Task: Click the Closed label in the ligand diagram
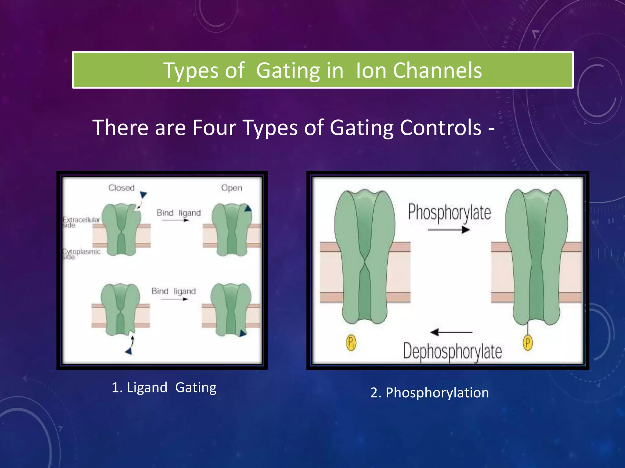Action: point(121,188)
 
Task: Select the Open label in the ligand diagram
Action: point(232,188)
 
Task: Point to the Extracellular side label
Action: point(81,222)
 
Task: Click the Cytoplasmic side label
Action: point(81,254)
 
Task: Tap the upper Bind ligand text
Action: point(179,213)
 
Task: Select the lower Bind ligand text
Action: point(174,291)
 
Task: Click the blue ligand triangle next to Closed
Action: point(143,194)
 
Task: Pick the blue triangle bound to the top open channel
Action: point(248,209)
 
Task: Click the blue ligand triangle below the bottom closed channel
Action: point(129,351)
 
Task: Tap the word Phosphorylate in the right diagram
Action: point(450,212)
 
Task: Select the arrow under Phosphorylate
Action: point(449,229)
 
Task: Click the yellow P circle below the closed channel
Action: point(351,342)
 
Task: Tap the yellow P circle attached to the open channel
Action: point(528,342)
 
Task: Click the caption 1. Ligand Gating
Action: point(164,388)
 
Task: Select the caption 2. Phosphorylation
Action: point(429,392)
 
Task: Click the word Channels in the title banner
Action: point(437,71)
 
